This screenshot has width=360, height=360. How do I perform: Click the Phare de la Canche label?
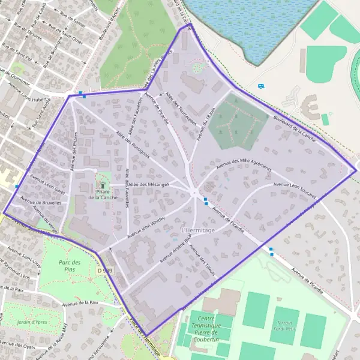[x=103, y=194]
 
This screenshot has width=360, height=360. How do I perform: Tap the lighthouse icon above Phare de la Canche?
[x=103, y=184]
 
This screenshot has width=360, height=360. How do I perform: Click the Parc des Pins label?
[x=70, y=266]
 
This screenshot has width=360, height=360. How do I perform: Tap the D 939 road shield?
[x=104, y=271]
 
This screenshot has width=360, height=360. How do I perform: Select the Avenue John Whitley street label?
[x=145, y=229]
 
